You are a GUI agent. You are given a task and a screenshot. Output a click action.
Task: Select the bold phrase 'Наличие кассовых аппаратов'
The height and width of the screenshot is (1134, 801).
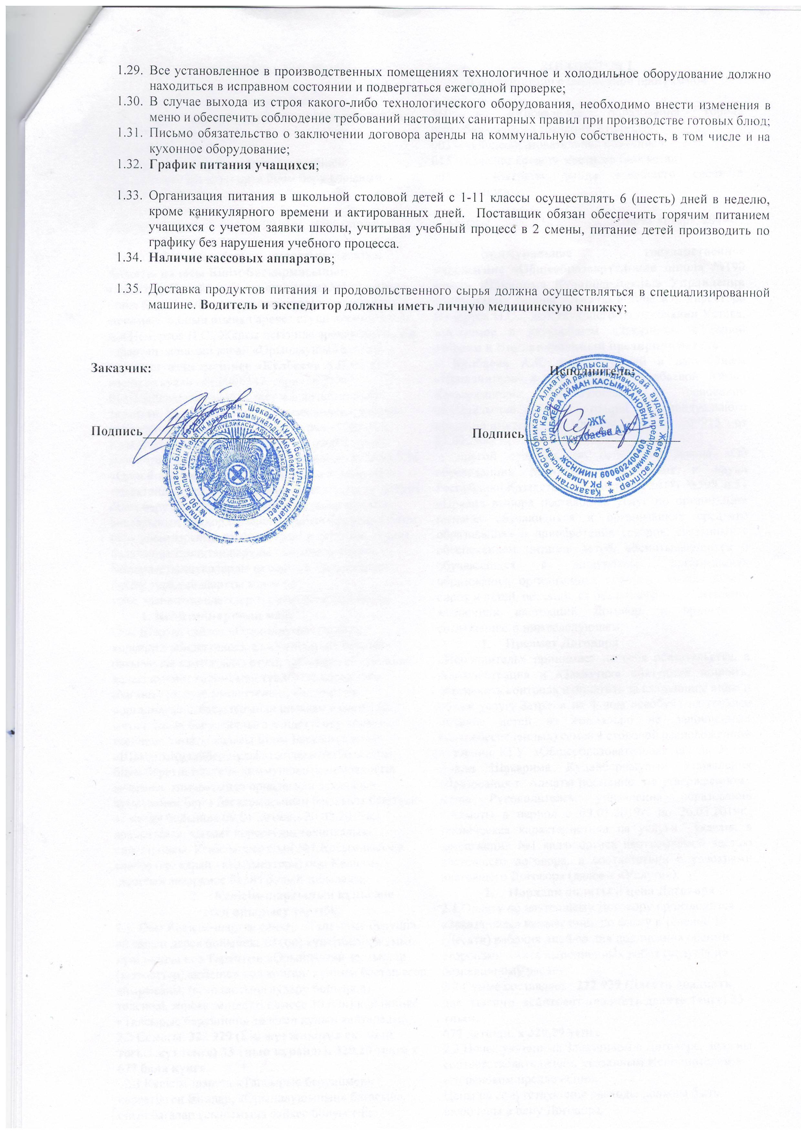pos(241,258)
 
